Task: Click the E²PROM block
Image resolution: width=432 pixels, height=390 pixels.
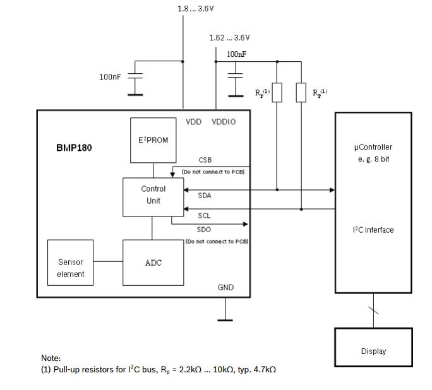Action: point(153,139)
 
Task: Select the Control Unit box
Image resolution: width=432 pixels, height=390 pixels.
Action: point(153,194)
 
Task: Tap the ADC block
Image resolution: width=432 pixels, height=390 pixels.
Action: point(153,263)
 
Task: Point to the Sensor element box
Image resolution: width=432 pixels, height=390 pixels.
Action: point(70,268)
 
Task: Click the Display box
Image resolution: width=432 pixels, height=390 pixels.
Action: point(373,351)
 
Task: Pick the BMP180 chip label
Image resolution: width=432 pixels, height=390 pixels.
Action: point(74,149)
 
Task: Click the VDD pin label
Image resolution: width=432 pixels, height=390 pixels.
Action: point(193,122)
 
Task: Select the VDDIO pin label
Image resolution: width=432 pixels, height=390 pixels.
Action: point(224,122)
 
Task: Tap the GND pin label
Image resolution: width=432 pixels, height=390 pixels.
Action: point(225,287)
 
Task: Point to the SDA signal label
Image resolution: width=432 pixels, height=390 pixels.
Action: point(205,196)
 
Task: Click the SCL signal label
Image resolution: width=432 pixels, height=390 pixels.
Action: point(204,216)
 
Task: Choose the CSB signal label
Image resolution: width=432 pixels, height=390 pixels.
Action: point(205,160)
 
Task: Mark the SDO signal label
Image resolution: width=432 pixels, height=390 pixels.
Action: point(204,230)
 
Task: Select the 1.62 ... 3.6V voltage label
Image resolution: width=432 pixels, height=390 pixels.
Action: point(229,38)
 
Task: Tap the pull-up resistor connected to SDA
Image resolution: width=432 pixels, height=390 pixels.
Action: point(277,93)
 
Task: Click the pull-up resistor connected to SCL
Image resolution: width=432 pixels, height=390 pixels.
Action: point(301,93)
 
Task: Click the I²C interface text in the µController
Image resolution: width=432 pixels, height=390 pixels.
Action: point(373,230)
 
